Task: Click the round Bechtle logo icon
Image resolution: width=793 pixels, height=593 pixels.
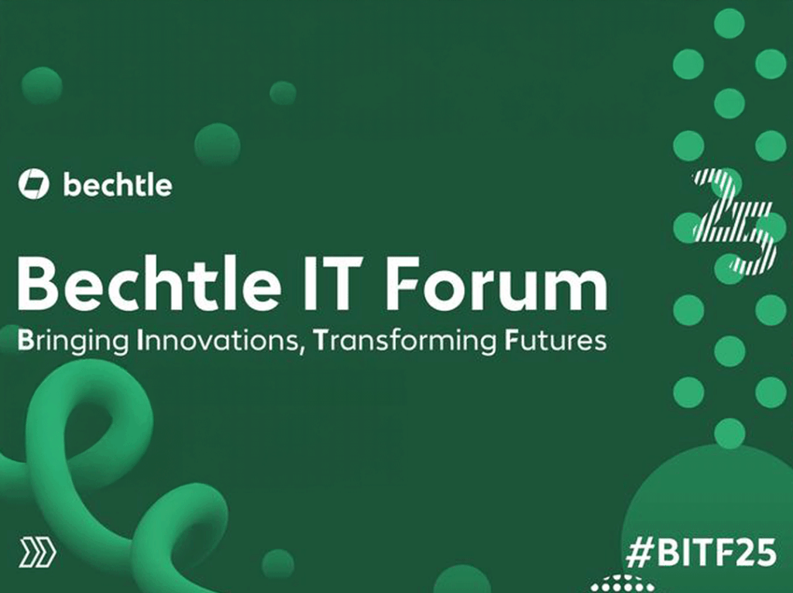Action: (x=34, y=184)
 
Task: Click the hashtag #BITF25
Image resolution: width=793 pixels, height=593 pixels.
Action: (x=700, y=552)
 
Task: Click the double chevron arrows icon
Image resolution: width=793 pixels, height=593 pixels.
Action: (x=38, y=553)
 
